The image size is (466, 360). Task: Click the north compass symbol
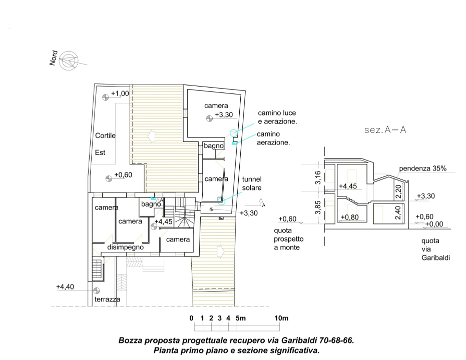point(69,61)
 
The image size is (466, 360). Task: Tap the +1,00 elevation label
point(120,93)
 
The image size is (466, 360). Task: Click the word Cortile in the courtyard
point(105,135)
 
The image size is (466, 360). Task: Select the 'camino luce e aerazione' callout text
point(277,117)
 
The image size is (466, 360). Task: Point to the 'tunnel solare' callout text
point(252,183)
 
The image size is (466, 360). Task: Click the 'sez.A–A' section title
point(385,129)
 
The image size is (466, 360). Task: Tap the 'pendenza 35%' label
point(422,168)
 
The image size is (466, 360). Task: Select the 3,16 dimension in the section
point(318,177)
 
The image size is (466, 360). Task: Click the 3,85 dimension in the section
point(318,207)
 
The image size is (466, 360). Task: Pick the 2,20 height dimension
point(398,191)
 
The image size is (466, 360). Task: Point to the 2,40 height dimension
point(398,212)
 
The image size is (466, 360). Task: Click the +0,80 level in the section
point(350,217)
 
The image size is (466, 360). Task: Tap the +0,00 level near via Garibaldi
point(434,224)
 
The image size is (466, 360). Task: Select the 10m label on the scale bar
point(281,318)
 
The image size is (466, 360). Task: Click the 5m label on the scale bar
point(241,318)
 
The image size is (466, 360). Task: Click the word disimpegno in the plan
point(126,247)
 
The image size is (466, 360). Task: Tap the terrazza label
point(107,299)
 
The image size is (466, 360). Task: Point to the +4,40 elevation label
point(65,286)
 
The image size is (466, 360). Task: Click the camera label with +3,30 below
point(216,105)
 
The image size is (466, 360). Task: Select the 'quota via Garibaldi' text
point(435,249)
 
